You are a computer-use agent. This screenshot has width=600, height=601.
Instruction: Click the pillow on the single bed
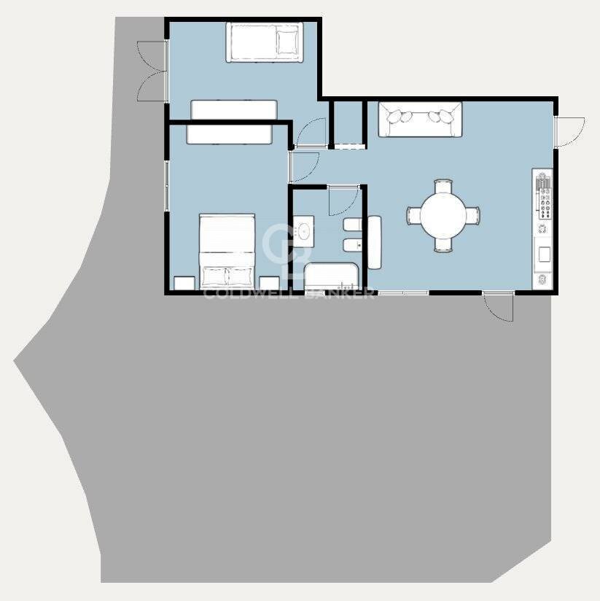pos(287,42)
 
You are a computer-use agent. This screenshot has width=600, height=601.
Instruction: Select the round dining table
pos(443,215)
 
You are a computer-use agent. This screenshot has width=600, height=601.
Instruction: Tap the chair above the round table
pos(443,186)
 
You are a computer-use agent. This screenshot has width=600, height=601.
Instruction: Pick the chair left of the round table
pos(414,215)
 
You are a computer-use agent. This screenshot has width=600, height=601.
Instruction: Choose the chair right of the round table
pos(472,215)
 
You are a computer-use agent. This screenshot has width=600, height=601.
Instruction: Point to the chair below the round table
pos(443,245)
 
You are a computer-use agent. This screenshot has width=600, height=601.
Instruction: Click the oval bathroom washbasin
pos(305,231)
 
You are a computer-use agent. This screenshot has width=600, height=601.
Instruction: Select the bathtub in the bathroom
pos(332,276)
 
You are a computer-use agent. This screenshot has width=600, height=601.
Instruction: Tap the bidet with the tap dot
pos(352,244)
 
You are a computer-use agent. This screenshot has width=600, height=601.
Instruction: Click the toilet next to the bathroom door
pos(352,225)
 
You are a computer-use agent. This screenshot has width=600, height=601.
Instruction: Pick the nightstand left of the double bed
pos(184,283)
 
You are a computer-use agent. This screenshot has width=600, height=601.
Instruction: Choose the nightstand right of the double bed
pos(269,283)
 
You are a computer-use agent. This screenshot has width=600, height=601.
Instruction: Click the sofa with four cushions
pos(420,119)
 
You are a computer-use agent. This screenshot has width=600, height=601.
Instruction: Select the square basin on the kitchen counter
pos(545,254)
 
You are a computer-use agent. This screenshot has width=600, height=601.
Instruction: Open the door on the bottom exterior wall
pos(498,306)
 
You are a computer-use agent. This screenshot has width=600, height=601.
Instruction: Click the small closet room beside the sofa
pos(348,123)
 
